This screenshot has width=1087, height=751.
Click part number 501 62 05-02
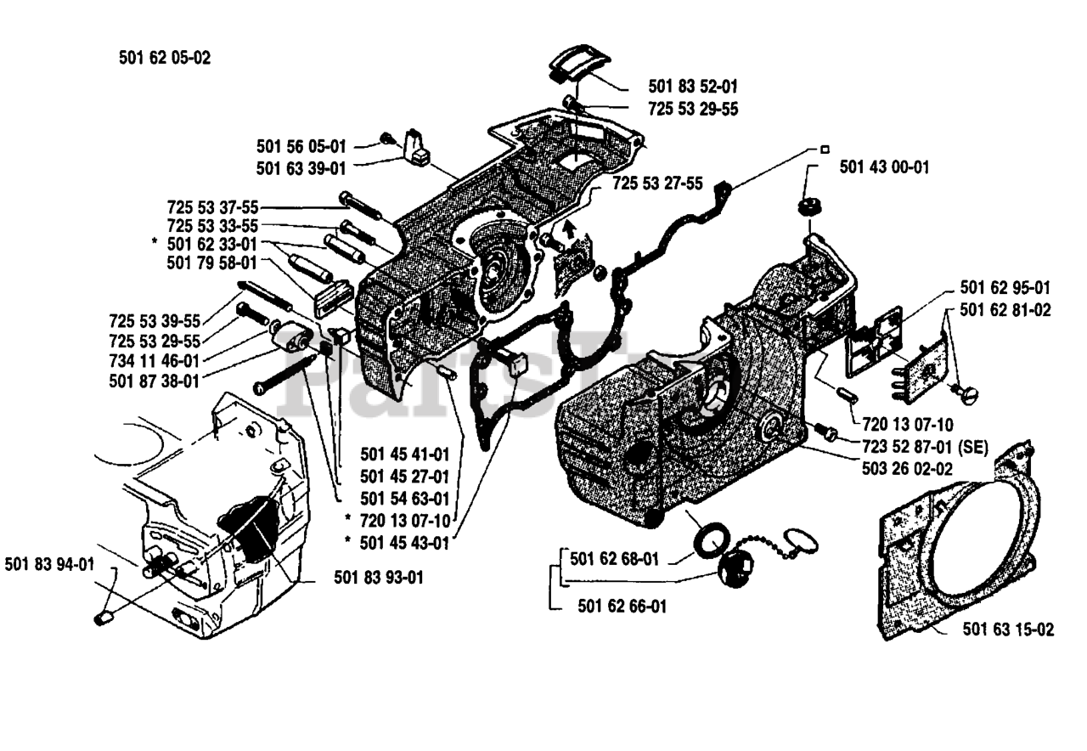(x=165, y=59)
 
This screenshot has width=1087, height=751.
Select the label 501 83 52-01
(x=693, y=87)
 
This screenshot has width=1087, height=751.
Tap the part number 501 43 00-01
(x=884, y=167)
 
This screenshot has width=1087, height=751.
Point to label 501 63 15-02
(x=1008, y=630)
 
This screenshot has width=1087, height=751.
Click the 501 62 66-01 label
(x=622, y=606)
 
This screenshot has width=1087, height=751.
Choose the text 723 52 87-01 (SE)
(x=925, y=447)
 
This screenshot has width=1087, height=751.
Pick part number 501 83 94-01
(x=49, y=564)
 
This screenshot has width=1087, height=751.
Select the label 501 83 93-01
(x=379, y=577)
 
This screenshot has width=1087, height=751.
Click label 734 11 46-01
(x=155, y=361)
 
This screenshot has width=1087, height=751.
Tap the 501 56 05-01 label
(x=301, y=146)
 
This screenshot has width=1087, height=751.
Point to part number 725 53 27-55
(x=657, y=184)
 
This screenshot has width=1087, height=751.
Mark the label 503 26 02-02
(x=907, y=468)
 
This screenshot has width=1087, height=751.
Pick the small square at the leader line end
(x=825, y=149)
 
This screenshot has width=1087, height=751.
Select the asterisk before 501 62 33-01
(x=155, y=241)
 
